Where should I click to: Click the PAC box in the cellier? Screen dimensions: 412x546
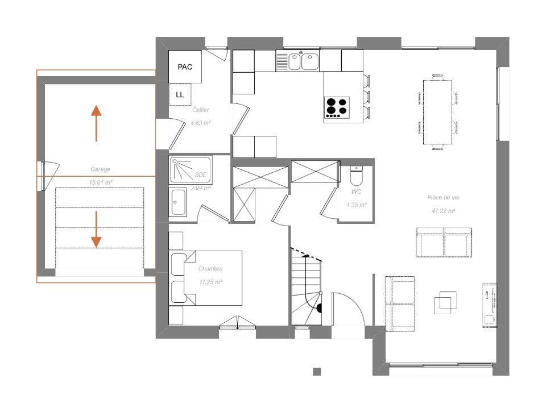(185, 67)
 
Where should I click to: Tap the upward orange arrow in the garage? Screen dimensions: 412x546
(96, 123)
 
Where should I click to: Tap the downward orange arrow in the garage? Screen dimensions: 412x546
(96, 229)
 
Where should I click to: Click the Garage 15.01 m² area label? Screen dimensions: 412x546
(100, 176)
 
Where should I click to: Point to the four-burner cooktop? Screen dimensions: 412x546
(336, 107)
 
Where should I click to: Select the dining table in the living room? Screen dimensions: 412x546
(437, 112)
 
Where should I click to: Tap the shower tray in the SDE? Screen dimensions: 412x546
(190, 169)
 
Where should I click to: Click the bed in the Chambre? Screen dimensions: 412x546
(206, 277)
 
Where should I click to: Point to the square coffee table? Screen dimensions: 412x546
(445, 303)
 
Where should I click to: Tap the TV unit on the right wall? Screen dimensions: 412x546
(489, 305)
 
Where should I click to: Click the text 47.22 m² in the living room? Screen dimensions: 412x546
(444, 210)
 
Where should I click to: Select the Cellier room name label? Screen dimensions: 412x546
(200, 110)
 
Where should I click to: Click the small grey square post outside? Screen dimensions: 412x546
(317, 372)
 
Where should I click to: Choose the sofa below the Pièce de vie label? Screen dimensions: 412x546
(444, 243)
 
